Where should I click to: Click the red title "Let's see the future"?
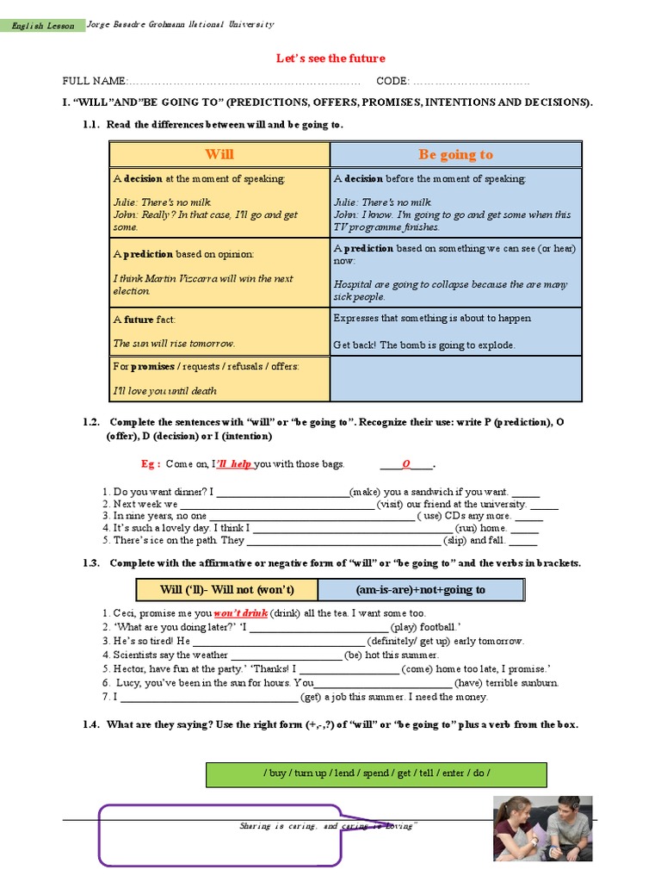pyautogui.click(x=330, y=59)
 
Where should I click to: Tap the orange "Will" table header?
pyautogui.click(x=219, y=154)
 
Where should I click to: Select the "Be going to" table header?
pyautogui.click(x=455, y=154)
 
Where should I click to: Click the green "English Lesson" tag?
pyautogui.click(x=44, y=26)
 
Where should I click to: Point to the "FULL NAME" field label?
pyautogui.click(x=94, y=81)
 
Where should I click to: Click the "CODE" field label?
pyautogui.click(x=392, y=81)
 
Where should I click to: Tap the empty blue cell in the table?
pyautogui.click(x=456, y=379)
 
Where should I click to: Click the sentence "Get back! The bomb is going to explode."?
pyautogui.click(x=424, y=345)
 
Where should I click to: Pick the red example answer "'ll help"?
pyautogui.click(x=234, y=464)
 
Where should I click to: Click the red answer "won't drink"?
pyautogui.click(x=240, y=613)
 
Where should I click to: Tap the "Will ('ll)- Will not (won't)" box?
pyautogui.click(x=227, y=590)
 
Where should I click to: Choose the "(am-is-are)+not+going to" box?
pyautogui.click(x=420, y=590)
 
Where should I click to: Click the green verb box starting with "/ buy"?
pyautogui.click(x=376, y=773)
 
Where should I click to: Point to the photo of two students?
pyautogui.click(x=542, y=829)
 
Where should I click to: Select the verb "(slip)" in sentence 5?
pyautogui.click(x=454, y=541)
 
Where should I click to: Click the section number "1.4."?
pyautogui.click(x=92, y=724)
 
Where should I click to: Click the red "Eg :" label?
pyautogui.click(x=152, y=464)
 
